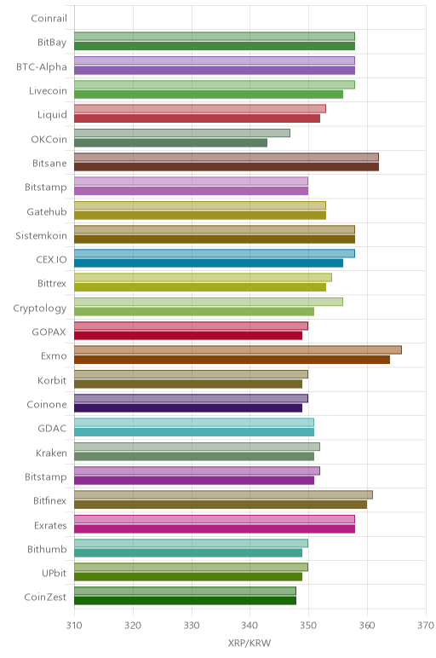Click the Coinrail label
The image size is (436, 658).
[49, 19]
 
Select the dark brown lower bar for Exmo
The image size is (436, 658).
[232, 360]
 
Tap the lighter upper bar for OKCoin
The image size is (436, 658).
[182, 133]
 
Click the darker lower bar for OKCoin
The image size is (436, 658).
[170, 142]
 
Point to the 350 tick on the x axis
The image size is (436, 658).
[308, 626]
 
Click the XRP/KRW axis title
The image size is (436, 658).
[250, 643]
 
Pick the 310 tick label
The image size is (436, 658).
[74, 626]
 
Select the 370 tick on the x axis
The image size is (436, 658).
[426, 626]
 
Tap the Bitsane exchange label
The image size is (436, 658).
[49, 164]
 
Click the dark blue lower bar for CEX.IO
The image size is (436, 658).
[209, 263]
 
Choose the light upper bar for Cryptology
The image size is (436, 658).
[209, 302]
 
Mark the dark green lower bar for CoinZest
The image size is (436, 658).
[185, 601]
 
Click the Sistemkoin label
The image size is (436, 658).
[41, 235]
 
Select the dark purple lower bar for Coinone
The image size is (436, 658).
[188, 408]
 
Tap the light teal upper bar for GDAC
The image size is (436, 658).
[193, 422]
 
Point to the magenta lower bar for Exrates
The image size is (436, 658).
[215, 528]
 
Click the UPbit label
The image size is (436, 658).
[54, 573]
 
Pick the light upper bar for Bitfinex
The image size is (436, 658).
[223, 494]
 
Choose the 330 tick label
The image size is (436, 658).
[192, 626]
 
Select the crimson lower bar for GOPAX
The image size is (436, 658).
[188, 335]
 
